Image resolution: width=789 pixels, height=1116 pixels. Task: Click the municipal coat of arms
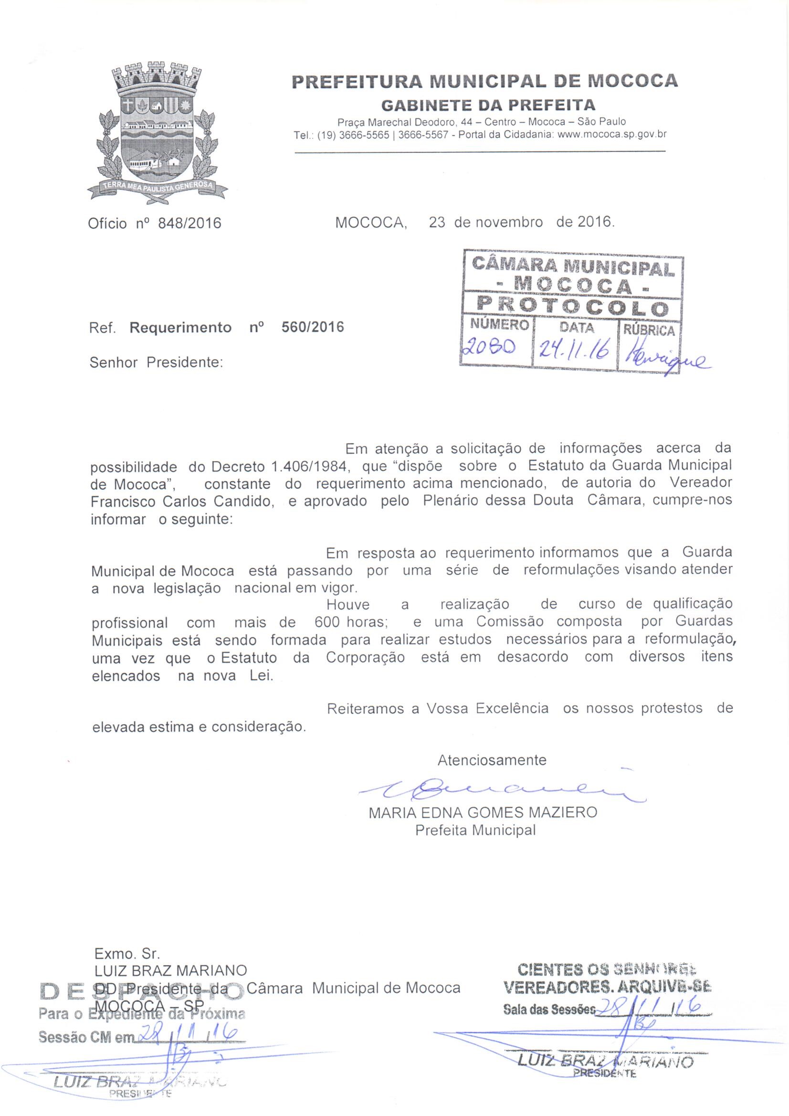pos(157,132)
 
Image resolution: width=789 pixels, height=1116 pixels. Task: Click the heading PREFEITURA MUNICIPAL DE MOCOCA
pos(484,81)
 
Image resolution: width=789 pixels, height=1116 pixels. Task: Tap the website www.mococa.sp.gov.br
pos(612,135)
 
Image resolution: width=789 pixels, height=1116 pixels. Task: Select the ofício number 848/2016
pos(189,223)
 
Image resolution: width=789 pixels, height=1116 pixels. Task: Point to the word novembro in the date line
pos(508,222)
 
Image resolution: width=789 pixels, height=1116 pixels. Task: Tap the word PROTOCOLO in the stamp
pos(572,306)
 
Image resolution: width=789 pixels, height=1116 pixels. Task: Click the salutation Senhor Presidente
pos(156,363)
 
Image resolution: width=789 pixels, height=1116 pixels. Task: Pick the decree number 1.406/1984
pos(310,466)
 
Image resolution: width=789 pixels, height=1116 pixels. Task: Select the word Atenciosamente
pos(492,760)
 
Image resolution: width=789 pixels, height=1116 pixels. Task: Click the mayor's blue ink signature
pos(501,790)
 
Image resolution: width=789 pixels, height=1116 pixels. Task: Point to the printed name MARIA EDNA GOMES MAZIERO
pos(483,812)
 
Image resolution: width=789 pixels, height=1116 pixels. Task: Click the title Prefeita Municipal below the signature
pos(475,830)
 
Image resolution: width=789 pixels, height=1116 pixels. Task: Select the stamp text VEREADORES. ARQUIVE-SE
pos(607,987)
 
